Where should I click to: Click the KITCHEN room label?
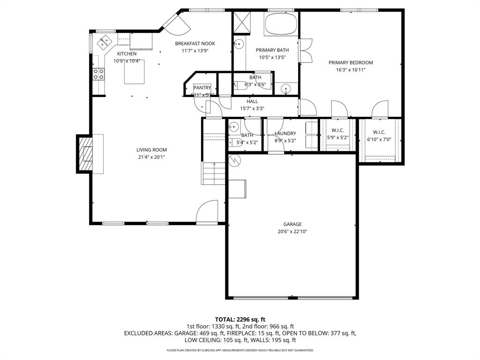pyautogui.click(x=127, y=54)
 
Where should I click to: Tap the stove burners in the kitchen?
pyautogui.click(x=99, y=74)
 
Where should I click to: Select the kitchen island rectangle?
pyautogui.click(x=134, y=72)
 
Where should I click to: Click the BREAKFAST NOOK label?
pyautogui.click(x=195, y=44)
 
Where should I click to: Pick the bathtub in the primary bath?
pyautogui.click(x=280, y=24)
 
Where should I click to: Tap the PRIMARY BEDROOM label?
pyautogui.click(x=351, y=63)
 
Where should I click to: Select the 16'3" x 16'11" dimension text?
pyautogui.click(x=351, y=70)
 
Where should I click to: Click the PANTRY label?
pyautogui.click(x=202, y=88)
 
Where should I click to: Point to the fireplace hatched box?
pyautogui.click(x=85, y=154)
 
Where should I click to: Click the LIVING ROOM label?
pyautogui.click(x=151, y=150)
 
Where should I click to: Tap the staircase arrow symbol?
pyautogui.click(x=214, y=165)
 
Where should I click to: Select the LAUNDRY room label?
pyautogui.click(x=285, y=134)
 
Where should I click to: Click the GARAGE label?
pyautogui.click(x=292, y=224)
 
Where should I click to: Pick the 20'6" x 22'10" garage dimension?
pyautogui.click(x=292, y=232)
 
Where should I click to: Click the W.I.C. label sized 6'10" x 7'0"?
pyautogui.click(x=379, y=133)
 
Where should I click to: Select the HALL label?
pyautogui.click(x=252, y=101)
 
